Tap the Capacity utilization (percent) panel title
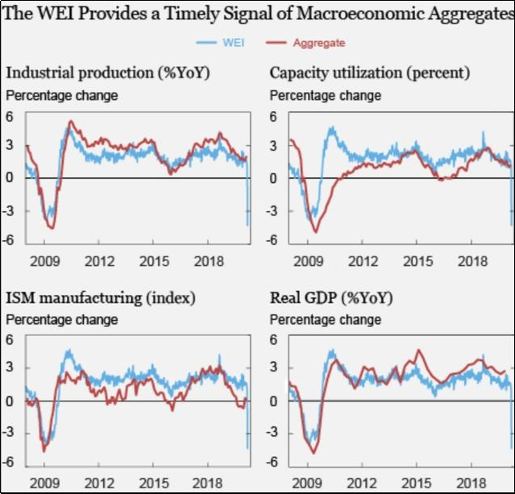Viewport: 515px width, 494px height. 370,73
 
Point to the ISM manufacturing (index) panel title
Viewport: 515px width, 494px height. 100,298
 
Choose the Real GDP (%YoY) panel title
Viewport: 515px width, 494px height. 331,298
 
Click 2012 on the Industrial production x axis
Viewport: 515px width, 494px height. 98,262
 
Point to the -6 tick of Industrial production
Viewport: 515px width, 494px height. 10,240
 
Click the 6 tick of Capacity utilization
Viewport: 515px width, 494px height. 274,116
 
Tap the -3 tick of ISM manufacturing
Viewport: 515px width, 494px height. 10,433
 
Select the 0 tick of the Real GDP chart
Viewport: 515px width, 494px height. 274,401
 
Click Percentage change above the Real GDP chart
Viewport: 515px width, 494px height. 325,320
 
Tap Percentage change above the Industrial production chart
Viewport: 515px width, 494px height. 61,96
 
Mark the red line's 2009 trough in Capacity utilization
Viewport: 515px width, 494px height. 314,232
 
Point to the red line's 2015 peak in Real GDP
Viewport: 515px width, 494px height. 418,351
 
